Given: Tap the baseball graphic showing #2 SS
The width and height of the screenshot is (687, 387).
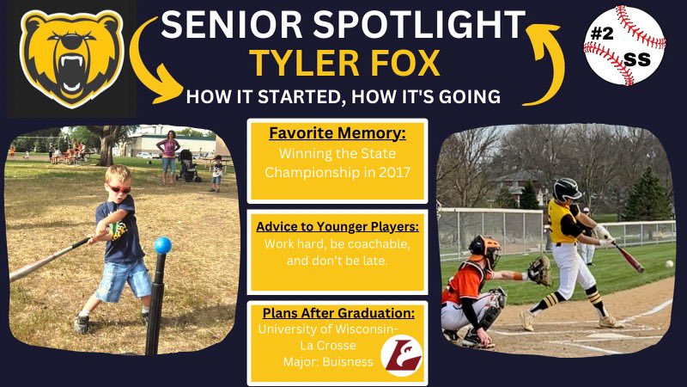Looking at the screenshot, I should pyautogui.click(x=624, y=45).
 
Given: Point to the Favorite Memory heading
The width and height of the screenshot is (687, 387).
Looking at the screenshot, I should pyautogui.click(x=337, y=135).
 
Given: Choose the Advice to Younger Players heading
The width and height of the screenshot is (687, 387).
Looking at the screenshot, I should pyautogui.click(x=337, y=228).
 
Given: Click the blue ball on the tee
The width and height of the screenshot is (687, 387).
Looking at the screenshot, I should pyautogui.click(x=161, y=245).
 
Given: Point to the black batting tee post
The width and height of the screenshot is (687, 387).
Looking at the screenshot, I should pyautogui.click(x=156, y=301).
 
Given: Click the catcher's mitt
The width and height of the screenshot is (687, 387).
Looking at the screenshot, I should pyautogui.click(x=539, y=271).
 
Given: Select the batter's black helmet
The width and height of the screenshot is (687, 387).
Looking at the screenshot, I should pyautogui.click(x=567, y=189).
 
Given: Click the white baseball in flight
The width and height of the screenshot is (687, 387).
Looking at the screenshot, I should pyautogui.click(x=669, y=264).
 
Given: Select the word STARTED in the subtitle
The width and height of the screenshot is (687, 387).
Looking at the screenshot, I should pyautogui.click(x=296, y=96).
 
